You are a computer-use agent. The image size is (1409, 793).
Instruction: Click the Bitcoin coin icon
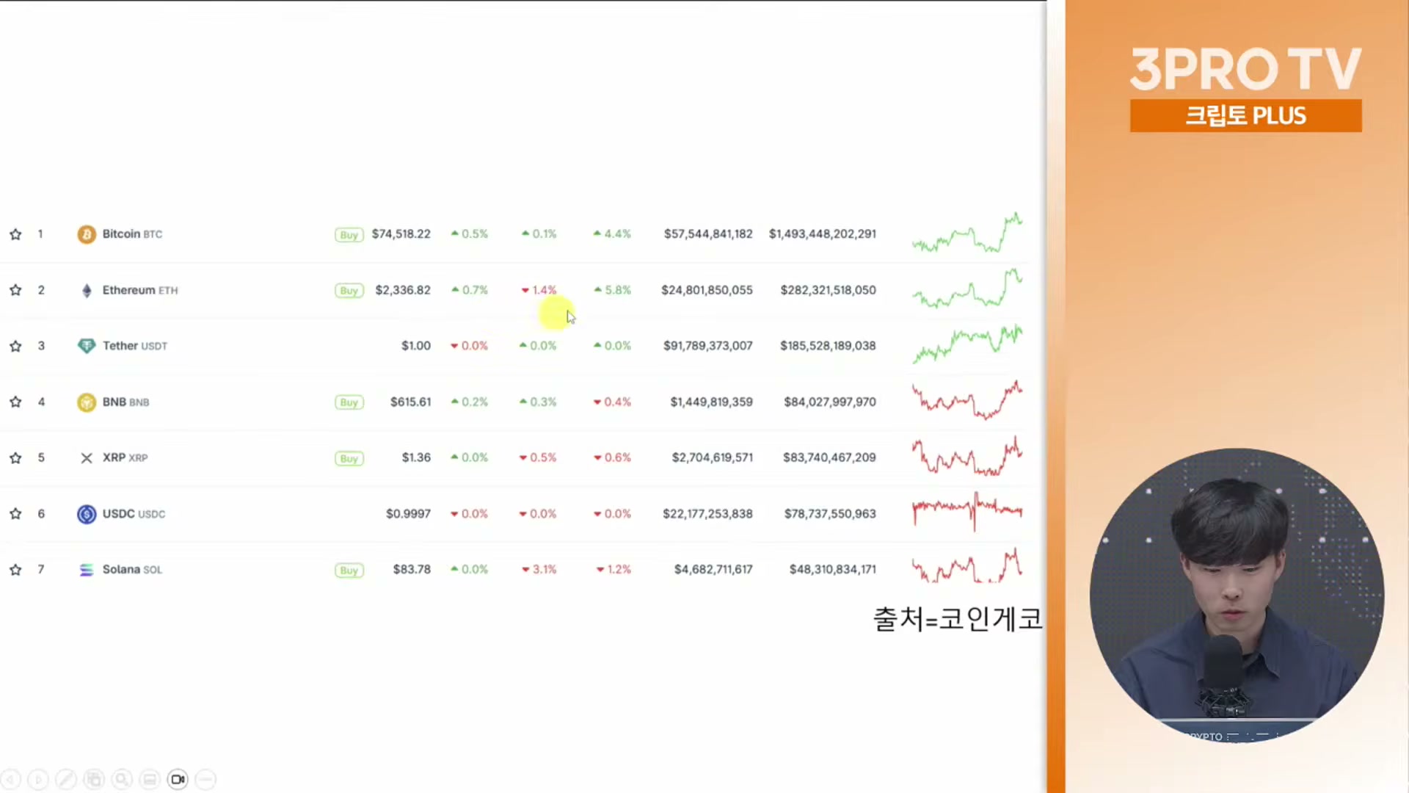click(87, 234)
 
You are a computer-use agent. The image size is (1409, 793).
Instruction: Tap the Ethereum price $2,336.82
click(403, 290)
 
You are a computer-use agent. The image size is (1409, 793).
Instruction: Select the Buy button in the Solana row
click(349, 571)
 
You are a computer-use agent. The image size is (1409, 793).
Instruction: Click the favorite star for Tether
click(15, 346)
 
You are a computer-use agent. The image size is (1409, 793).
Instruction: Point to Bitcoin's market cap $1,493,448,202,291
click(823, 234)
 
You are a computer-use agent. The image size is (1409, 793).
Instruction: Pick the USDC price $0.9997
click(408, 514)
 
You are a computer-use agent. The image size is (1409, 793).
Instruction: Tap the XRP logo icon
click(87, 458)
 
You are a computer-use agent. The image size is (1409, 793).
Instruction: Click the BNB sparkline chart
click(967, 400)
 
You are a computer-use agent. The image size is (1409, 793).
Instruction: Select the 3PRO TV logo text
click(1245, 70)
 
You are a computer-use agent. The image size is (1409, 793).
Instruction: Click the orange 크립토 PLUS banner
click(1245, 116)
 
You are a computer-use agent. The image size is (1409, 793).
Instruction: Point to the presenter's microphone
click(1222, 672)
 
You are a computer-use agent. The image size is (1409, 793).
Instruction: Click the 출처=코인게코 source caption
click(958, 619)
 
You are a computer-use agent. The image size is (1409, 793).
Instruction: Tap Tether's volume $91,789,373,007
click(708, 346)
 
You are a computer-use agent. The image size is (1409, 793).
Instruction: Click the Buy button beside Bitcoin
click(349, 235)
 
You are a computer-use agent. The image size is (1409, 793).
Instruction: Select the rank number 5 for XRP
click(41, 457)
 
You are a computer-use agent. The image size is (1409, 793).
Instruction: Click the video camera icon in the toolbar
click(178, 779)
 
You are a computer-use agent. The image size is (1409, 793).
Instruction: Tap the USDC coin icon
click(87, 514)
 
